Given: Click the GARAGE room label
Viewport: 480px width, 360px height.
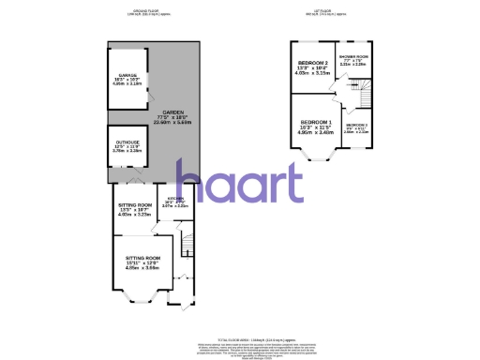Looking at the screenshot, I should (127, 76).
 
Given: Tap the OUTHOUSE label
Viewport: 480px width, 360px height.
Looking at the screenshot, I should (127, 143).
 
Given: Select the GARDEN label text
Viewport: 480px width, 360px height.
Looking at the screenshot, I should (173, 110).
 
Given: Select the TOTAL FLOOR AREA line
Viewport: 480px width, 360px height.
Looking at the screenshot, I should (240, 337).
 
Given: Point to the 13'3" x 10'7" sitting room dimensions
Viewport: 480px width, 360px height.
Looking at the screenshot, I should (134, 209).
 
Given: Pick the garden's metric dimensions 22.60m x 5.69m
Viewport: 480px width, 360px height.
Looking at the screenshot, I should (173, 120).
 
